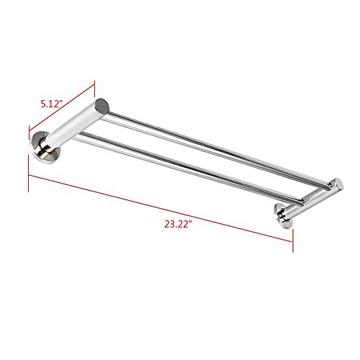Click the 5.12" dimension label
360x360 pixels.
coord(52,104)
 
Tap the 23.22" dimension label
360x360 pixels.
coord(178,224)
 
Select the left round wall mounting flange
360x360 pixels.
coord(45,147)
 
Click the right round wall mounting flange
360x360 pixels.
coord(284,216)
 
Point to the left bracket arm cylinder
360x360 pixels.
coord(77,125)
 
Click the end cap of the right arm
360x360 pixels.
coord(339,184)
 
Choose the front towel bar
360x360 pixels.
coord(189,168)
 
